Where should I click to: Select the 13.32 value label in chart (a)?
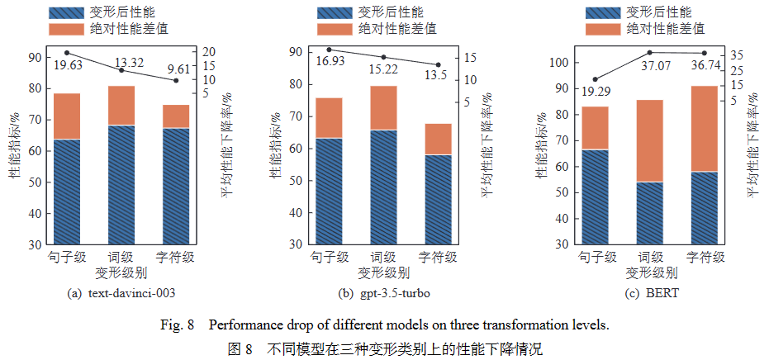click(x=130, y=63)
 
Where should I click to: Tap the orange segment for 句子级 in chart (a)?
click(x=68, y=116)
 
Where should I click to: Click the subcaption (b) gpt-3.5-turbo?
click(x=383, y=293)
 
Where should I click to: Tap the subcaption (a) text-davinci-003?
click(x=121, y=293)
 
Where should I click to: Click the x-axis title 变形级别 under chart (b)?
click(x=383, y=272)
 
